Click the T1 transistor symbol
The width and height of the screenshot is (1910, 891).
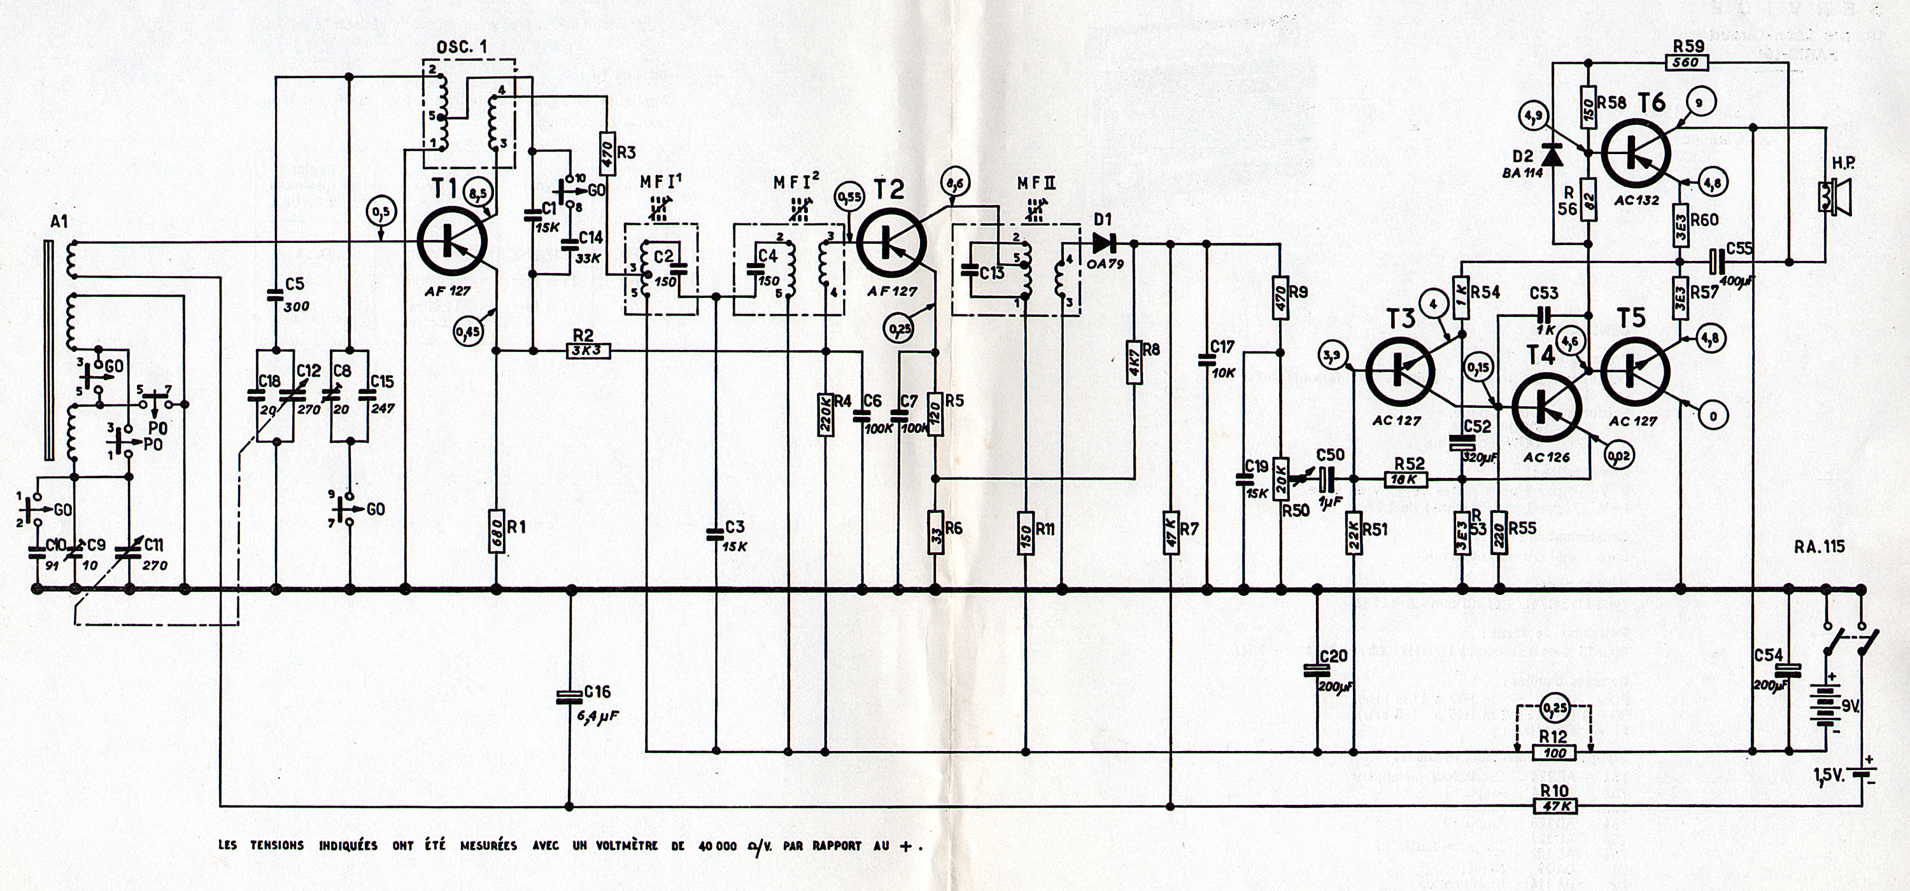click(x=451, y=242)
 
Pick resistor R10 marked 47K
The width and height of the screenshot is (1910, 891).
click(x=1554, y=806)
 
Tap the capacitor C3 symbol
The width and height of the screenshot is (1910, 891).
click(x=716, y=531)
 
